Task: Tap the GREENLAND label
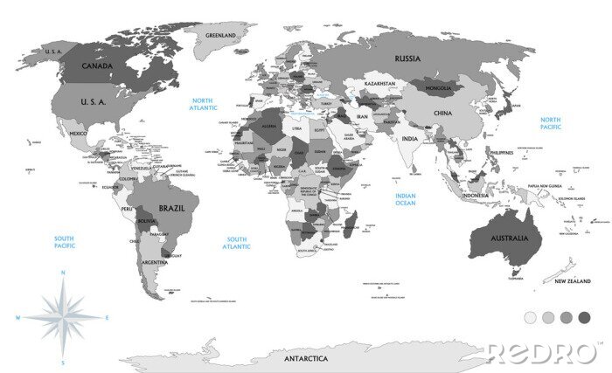(x=221, y=35)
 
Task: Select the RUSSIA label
(x=407, y=59)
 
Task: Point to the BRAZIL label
(x=171, y=210)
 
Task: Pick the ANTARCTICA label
(x=305, y=358)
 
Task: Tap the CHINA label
(x=442, y=114)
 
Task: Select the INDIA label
(x=409, y=139)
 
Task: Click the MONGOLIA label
(x=437, y=88)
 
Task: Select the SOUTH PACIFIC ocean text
(x=64, y=242)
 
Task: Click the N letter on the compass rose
(x=62, y=274)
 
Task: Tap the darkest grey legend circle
(x=584, y=316)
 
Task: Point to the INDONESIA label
(x=476, y=196)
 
